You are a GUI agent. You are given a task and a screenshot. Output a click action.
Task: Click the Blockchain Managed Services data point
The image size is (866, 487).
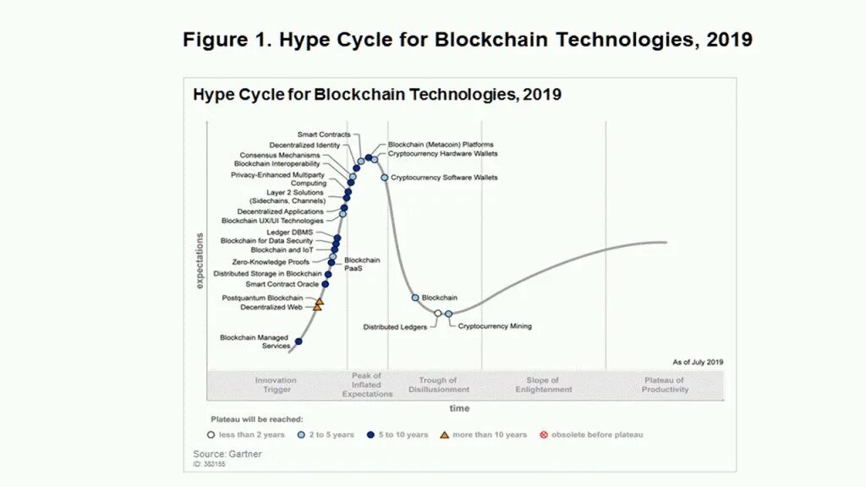point(299,342)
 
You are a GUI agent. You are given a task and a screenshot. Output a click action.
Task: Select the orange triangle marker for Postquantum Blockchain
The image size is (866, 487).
point(320,301)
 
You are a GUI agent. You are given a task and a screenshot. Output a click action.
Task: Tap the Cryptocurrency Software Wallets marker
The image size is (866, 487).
point(384,178)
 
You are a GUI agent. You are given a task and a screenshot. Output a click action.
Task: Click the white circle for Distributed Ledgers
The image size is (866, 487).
point(437,313)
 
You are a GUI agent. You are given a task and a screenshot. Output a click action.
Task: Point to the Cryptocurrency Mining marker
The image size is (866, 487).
point(449,314)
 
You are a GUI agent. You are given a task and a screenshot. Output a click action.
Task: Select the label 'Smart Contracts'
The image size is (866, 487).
point(323,134)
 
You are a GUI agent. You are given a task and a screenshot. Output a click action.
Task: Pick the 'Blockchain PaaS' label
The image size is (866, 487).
point(361,264)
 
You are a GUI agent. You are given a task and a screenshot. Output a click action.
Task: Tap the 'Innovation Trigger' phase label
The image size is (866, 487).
point(277,385)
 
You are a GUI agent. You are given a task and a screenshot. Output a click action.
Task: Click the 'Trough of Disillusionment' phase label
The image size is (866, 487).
point(438,385)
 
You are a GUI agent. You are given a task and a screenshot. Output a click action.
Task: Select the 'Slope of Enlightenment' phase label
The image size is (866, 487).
point(543,385)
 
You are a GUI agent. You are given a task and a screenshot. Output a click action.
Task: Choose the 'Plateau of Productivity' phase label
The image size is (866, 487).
point(665,385)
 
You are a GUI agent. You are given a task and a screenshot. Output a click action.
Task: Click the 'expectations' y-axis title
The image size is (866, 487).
point(200,260)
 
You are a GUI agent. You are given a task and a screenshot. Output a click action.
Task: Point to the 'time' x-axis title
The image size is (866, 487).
point(459,408)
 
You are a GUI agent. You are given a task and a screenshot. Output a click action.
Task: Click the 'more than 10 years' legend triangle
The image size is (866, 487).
point(445,435)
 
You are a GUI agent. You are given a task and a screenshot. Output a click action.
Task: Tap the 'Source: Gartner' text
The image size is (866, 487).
point(227,454)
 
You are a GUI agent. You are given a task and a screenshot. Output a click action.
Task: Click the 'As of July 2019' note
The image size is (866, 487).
point(698,362)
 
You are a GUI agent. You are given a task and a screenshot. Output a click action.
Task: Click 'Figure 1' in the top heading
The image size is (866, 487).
point(226,40)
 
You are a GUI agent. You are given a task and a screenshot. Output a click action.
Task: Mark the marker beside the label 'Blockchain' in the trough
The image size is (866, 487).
point(415,298)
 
